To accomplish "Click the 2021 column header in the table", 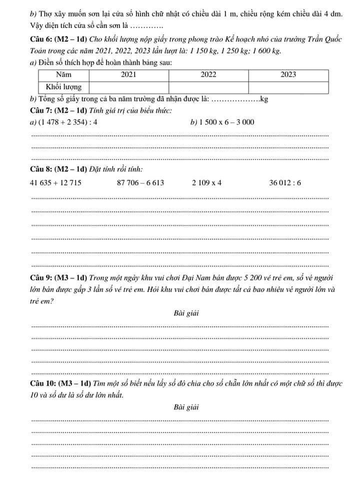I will click(x=129, y=74).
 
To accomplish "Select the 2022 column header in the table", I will click(x=208, y=74).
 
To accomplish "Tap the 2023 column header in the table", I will click(x=288, y=74).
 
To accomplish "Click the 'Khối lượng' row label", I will click(x=64, y=87).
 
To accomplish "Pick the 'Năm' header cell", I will click(x=64, y=74).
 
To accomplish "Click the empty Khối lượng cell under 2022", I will click(x=208, y=87).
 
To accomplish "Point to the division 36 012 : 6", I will click(x=285, y=182).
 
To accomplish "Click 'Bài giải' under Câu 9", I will click(x=186, y=313).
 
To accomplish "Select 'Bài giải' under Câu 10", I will click(x=186, y=407).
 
